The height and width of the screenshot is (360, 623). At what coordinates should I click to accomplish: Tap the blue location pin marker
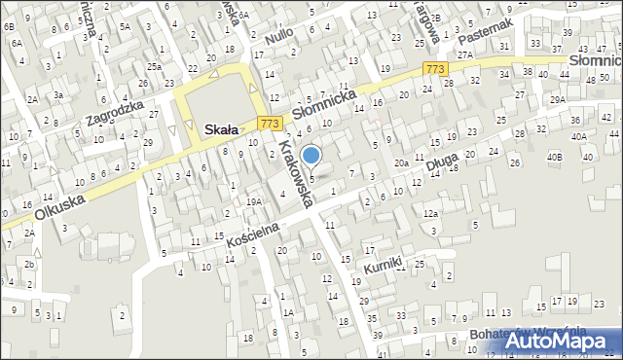click(x=311, y=156)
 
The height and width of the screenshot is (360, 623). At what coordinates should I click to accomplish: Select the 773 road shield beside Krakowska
click(x=271, y=124)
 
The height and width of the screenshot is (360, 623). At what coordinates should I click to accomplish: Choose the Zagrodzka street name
click(x=114, y=114)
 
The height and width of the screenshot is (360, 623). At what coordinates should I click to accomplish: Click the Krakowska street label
click(x=294, y=173)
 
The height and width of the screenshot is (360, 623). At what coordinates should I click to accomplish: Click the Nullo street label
click(x=279, y=41)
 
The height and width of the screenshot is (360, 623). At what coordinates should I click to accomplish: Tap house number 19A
click(x=254, y=201)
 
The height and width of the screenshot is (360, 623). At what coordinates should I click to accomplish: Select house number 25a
click(x=154, y=66)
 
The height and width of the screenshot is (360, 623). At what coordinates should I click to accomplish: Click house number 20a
click(x=401, y=163)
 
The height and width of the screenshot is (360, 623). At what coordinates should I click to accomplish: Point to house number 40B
click(x=554, y=157)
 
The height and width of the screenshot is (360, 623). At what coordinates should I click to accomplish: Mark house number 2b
click(x=30, y=265)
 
